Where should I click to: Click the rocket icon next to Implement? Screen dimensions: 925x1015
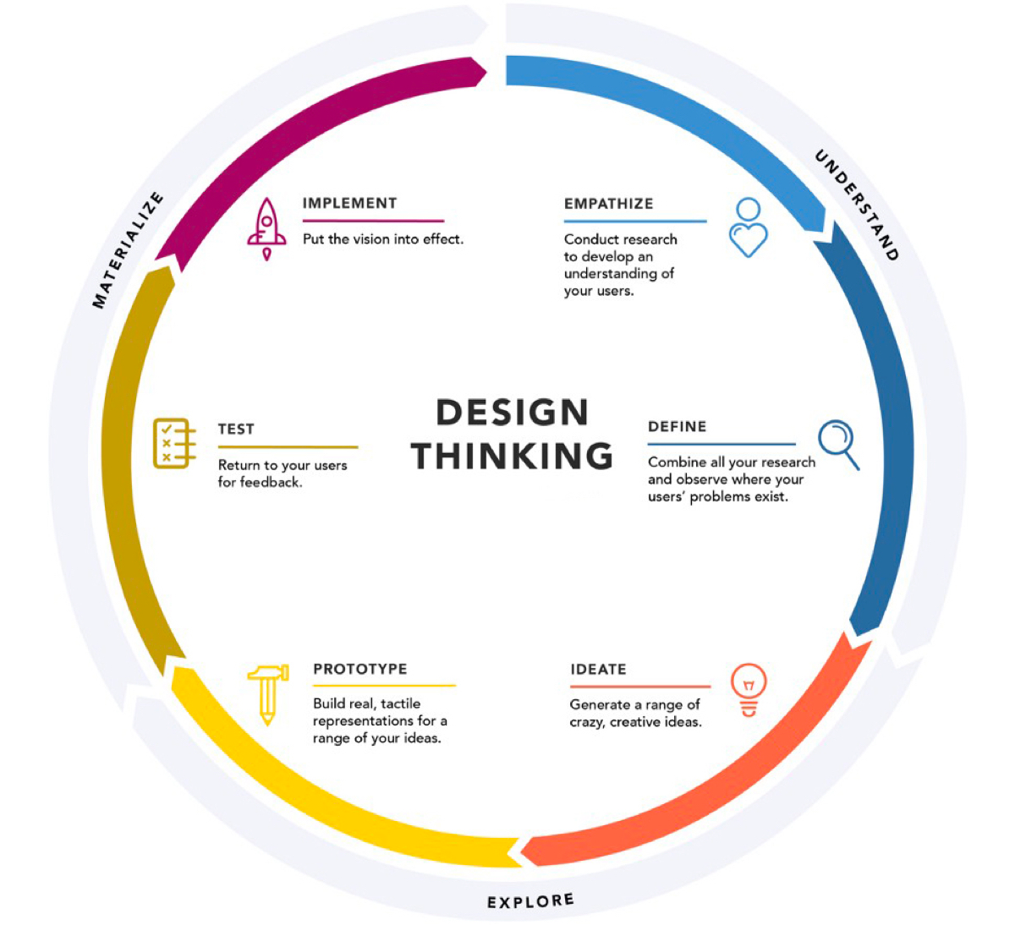click(266, 228)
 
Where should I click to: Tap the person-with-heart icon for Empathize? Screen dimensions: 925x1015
click(748, 227)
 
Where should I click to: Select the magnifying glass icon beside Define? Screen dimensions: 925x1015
click(838, 444)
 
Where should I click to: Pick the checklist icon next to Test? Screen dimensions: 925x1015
click(174, 442)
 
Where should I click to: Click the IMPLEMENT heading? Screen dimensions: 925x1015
click(349, 203)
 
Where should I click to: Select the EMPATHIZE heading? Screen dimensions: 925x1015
click(608, 204)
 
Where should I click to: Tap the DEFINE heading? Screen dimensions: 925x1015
click(677, 427)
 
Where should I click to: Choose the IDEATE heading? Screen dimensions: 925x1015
click(598, 670)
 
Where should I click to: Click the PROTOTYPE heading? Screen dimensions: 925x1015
click(359, 669)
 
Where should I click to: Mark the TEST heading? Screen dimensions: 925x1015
click(236, 430)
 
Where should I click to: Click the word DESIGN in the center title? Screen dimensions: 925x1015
click(512, 413)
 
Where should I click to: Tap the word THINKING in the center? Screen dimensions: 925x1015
click(512, 456)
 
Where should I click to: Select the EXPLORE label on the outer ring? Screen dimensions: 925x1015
click(530, 901)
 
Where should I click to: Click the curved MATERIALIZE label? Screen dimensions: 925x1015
click(127, 250)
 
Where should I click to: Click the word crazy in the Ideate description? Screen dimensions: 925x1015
click(587, 722)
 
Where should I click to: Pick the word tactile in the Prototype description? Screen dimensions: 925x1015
click(400, 703)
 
